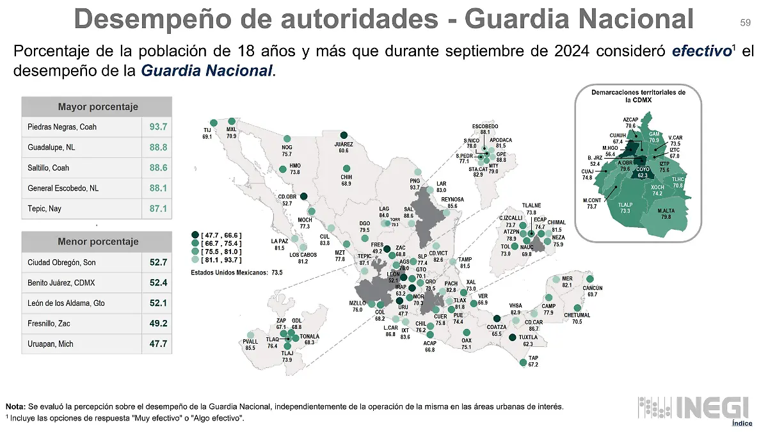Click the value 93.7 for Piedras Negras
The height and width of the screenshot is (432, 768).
158,127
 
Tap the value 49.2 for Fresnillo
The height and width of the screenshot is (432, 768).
158,323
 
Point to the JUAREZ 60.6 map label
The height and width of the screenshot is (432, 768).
344,147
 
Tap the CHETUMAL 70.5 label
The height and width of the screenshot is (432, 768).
577,318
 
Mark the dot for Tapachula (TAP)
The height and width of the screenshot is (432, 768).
524,363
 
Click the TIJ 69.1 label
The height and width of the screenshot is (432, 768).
207,133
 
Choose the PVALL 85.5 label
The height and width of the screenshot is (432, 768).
250,345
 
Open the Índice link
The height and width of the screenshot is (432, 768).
742,423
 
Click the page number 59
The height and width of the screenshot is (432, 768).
745,23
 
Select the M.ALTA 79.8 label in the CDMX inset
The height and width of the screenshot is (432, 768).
666,214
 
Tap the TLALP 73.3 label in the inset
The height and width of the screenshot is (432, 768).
625,207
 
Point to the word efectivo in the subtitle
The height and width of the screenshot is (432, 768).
701,51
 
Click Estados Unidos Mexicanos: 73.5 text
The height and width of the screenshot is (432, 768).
237,272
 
